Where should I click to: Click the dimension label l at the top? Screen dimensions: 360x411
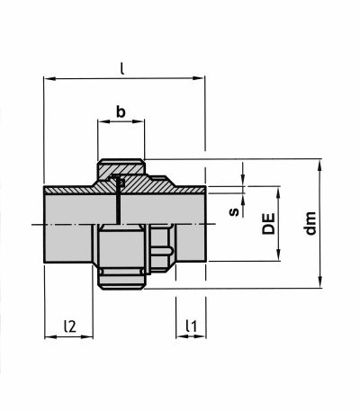tap(121, 68)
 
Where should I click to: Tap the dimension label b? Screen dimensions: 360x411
tap(121, 112)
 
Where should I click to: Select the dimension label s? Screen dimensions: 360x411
tap(234, 212)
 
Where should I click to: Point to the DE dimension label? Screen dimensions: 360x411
tap(268, 223)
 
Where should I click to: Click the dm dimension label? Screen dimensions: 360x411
tap(310, 223)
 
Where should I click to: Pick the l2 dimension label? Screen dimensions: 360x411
tap(70, 326)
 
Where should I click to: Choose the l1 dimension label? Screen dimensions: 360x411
tap(191, 326)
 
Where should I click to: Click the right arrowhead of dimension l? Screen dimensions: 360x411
tap(199, 78)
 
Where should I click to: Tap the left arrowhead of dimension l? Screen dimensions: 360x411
tap(50, 78)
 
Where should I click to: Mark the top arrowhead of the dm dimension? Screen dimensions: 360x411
tap(320, 165)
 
